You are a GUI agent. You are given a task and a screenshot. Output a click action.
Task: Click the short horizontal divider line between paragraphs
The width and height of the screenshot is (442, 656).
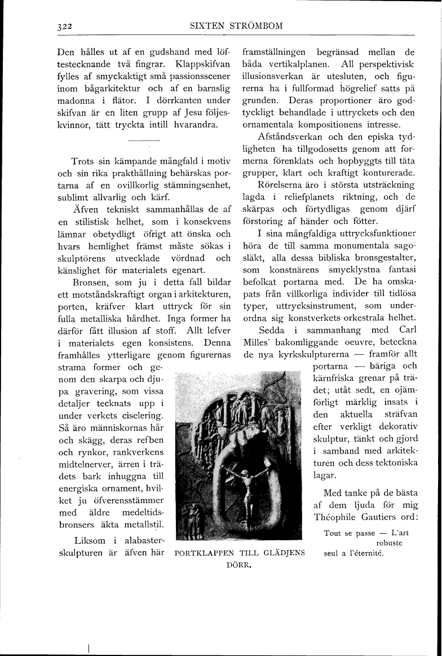pyautogui.click(x=144, y=139)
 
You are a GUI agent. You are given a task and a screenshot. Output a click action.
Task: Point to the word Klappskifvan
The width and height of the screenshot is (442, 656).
pyautogui.click(x=201, y=64)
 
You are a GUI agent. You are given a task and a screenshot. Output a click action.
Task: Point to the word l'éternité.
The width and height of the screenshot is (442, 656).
pyautogui.click(x=366, y=553)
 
